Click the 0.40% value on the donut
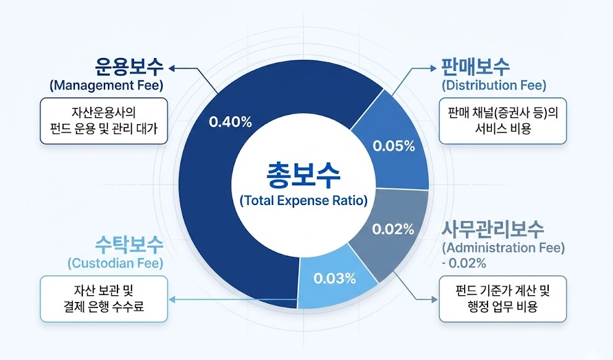pyautogui.click(x=230, y=122)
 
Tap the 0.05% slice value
pyautogui.click(x=394, y=146)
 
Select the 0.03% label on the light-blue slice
pyautogui.click(x=335, y=278)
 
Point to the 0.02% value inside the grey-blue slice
pyautogui.click(x=393, y=229)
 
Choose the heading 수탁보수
pyautogui.click(x=129, y=244)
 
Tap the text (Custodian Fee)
pyautogui.click(x=116, y=263)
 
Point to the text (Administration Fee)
pyautogui.click(x=503, y=248)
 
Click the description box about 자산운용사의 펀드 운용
pyautogui.click(x=104, y=120)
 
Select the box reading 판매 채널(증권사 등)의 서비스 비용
pyautogui.click(x=502, y=120)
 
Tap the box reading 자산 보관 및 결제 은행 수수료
pyautogui.click(x=104, y=298)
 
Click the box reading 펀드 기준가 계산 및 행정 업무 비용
pyautogui.click(x=502, y=298)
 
